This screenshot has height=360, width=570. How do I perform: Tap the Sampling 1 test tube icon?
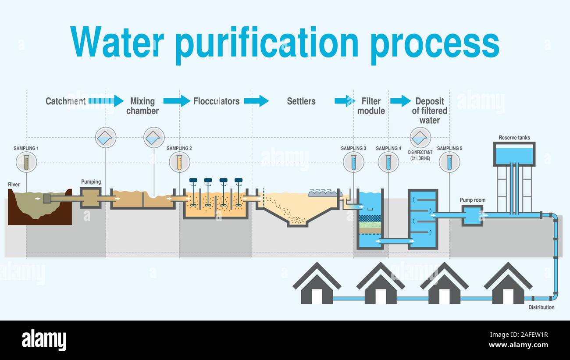(x=26, y=162)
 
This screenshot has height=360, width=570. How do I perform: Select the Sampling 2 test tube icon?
(x=179, y=162)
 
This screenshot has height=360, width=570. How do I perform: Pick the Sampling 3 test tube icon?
(x=353, y=162)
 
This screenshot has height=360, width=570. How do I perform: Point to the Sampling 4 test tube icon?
(x=388, y=162)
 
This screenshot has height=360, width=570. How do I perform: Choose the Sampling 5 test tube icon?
(x=449, y=162)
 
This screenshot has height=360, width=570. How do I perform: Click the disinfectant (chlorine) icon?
(x=420, y=138)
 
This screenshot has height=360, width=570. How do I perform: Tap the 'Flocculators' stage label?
(x=216, y=101)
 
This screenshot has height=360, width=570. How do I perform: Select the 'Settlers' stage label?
(x=301, y=101)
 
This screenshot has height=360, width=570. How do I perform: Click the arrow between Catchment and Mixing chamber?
(x=106, y=101)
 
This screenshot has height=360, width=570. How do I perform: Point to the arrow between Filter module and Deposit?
(x=400, y=101)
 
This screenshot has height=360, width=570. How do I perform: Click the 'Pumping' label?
(x=91, y=182)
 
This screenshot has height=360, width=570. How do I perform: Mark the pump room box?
(x=472, y=215)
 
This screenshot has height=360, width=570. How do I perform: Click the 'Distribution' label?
(x=541, y=307)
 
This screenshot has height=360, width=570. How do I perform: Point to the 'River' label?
(x=14, y=185)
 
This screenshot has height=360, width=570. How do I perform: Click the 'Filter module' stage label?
(x=371, y=106)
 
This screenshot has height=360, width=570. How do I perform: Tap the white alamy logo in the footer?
(x=44, y=340)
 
